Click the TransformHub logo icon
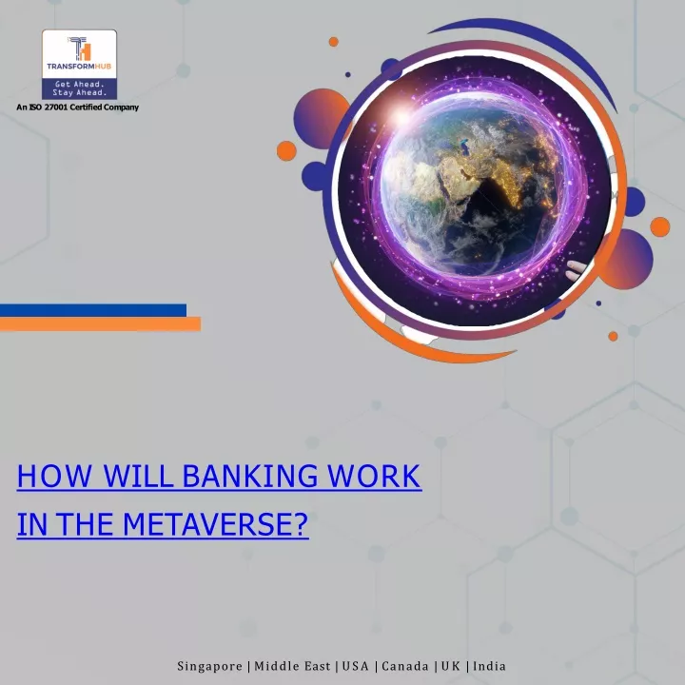pos(80,49)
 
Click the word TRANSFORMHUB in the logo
pos(79,67)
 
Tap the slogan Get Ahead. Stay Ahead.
pos(80,88)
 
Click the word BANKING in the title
pos(250,476)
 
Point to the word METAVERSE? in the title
pos(215,524)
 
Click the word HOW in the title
pos(54,476)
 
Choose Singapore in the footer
pos(209,666)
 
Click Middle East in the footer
pos(292,666)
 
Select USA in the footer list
pos(356,666)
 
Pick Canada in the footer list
pos(405,666)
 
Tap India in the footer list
pos(489,666)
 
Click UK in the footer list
pos(451,666)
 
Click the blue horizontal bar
pos(93,310)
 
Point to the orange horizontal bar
pos(100,323)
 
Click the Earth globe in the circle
pos(470,187)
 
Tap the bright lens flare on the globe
pos(401,117)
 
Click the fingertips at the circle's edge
pos(576,269)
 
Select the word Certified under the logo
pos(86,107)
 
